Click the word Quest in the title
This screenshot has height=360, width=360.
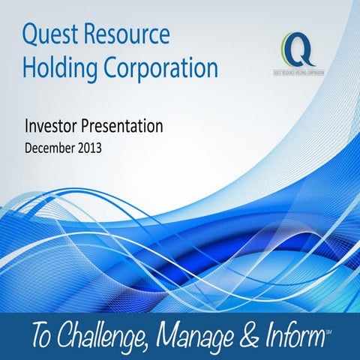coord(51,35)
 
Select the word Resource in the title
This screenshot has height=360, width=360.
coord(127,35)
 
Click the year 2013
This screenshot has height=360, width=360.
coord(89,148)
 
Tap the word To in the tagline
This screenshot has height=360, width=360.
coord(35,334)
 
